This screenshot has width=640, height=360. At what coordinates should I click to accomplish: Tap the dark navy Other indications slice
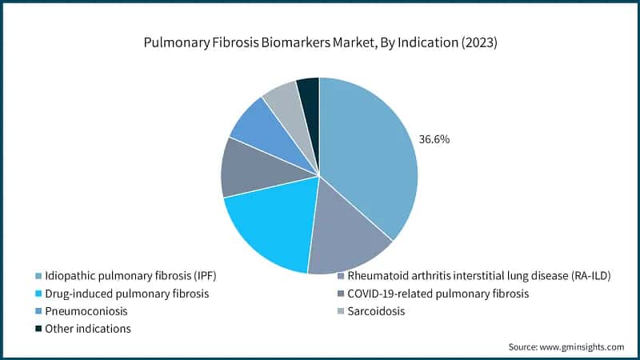pos(309,92)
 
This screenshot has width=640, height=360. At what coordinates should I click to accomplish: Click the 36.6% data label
pos(434,139)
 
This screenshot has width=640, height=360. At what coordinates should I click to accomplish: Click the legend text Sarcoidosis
pos(382,310)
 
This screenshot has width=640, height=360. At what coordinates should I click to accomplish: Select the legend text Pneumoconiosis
pos(86,310)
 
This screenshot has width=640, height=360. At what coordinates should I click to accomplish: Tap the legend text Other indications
pos(89,328)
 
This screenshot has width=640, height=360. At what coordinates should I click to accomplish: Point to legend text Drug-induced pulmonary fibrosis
pos(127,293)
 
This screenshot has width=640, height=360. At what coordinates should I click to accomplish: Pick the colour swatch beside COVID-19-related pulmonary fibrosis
pos(342,294)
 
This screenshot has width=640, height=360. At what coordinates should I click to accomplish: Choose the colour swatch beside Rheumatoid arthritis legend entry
pos(342,276)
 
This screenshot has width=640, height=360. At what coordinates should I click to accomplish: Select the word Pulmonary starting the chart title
pos(170,43)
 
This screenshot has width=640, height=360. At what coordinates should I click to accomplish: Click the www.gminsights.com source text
pos(583,347)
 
